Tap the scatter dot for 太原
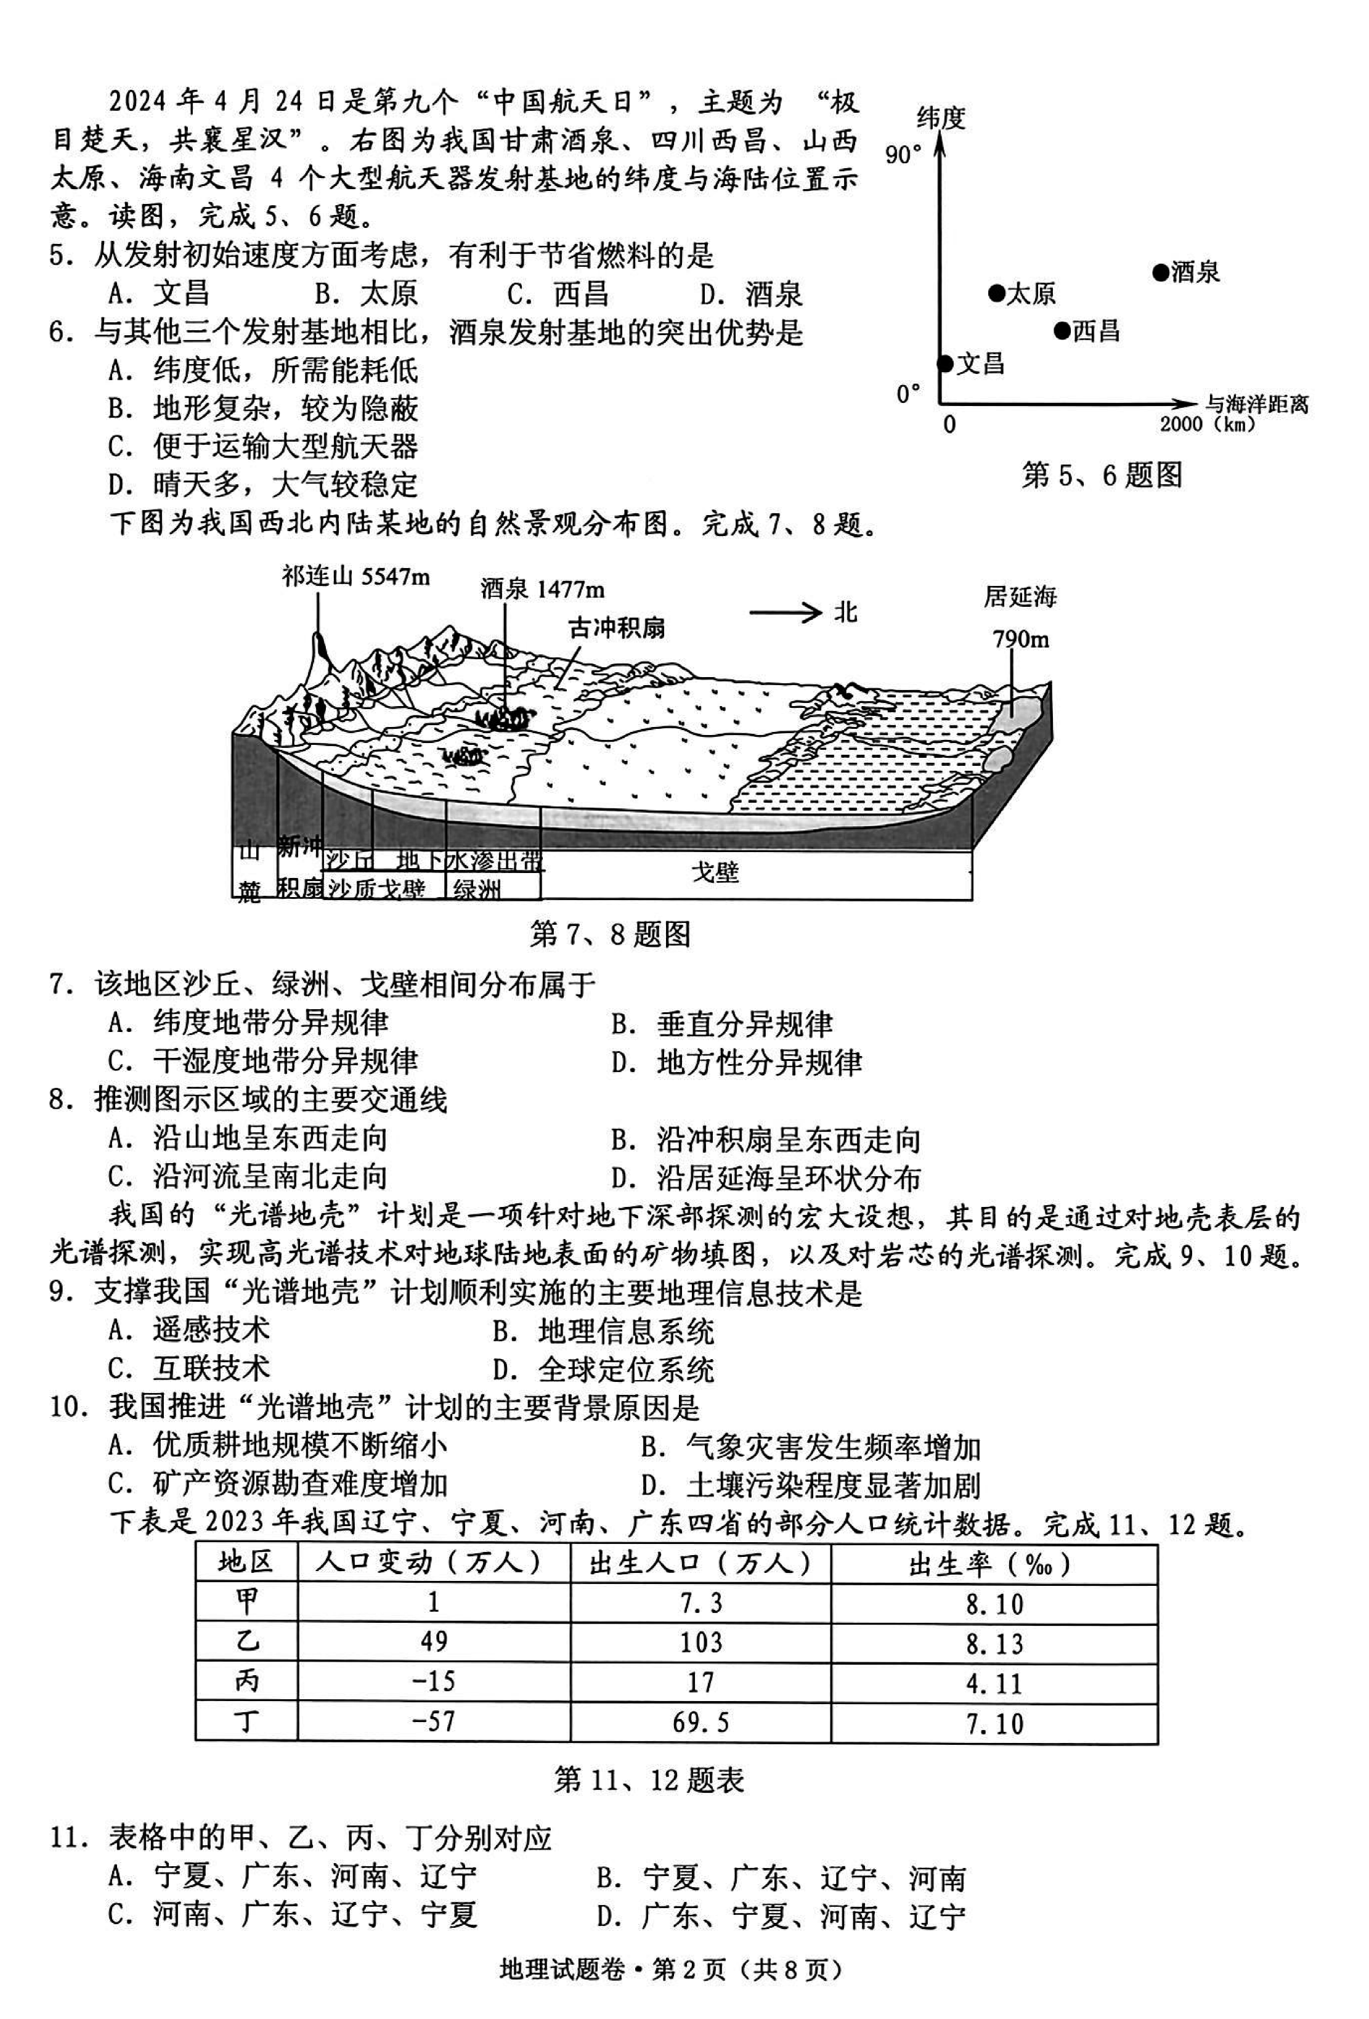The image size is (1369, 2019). [x=996, y=294]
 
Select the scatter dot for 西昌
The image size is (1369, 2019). [x=1062, y=331]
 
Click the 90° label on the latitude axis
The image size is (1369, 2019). [x=903, y=155]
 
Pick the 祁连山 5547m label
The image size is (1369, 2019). [x=355, y=576]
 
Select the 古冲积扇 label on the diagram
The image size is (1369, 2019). [x=617, y=627]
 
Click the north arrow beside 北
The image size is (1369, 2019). [x=784, y=614]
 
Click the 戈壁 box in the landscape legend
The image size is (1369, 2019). [x=715, y=872]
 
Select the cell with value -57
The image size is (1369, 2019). [x=434, y=1721]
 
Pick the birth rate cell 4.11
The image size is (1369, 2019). [x=994, y=1684]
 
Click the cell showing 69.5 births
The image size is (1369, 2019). [x=700, y=1721]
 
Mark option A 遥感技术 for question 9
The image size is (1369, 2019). [x=189, y=1329]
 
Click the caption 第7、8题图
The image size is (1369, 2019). [x=610, y=934]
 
